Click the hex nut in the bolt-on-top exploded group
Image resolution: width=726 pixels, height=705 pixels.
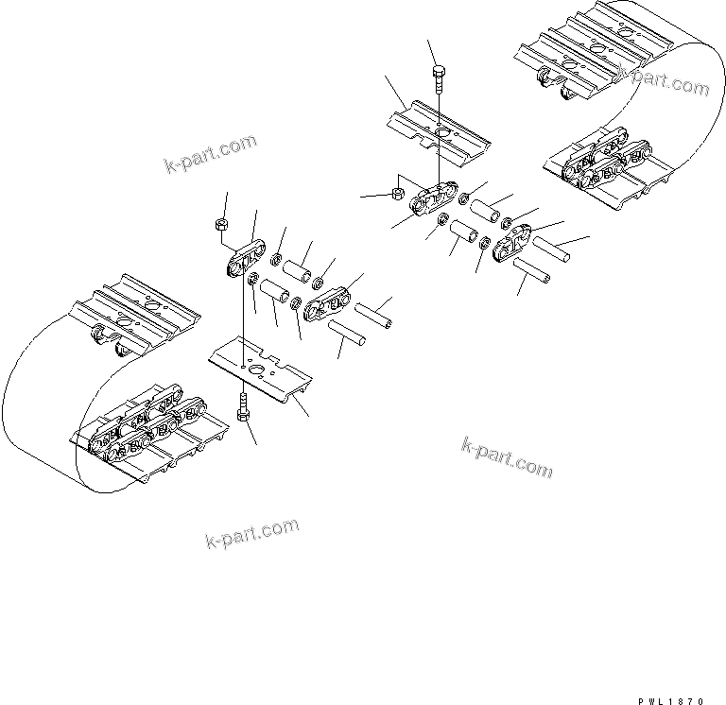click(398, 196)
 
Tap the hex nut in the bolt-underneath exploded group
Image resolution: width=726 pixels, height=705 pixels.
click(223, 224)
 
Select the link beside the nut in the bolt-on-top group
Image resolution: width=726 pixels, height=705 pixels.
click(429, 201)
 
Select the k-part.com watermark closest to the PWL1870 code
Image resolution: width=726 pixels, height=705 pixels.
click(509, 457)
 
